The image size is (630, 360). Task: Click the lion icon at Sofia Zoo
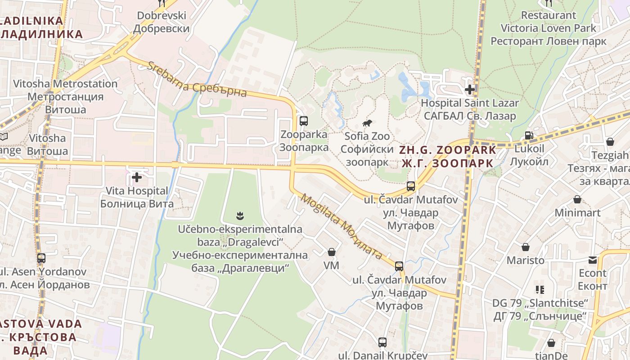tap(368, 123)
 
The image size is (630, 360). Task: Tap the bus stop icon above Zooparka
tap(304, 121)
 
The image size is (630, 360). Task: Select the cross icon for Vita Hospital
tap(137, 178)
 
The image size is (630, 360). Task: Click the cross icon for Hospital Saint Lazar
tap(470, 90)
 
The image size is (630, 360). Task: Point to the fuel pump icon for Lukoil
tap(529, 135)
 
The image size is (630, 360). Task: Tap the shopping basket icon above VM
tap(332, 252)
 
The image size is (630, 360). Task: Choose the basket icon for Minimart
tap(577, 199)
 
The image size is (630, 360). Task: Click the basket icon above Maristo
tap(525, 247)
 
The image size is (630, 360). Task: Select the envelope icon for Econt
tap(592, 260)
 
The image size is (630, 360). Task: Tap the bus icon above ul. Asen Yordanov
tap(41, 258)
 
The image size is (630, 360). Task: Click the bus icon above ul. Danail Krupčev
tap(382, 342)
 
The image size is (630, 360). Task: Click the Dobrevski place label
tap(162, 22)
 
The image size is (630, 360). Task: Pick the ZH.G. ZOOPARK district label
tap(448, 156)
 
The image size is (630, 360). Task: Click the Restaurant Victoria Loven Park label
tap(549, 28)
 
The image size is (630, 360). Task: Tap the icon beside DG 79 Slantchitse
tap(540, 289)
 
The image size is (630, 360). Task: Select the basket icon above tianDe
tap(551, 343)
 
